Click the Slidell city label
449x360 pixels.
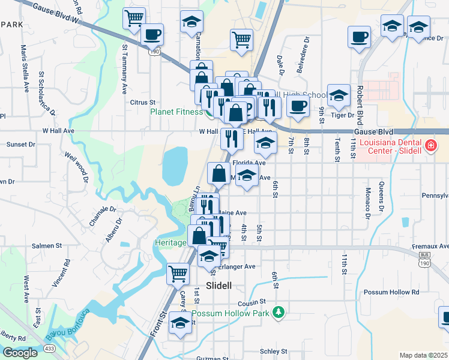218,286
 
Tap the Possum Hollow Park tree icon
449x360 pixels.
277,312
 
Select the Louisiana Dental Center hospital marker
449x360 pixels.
430,146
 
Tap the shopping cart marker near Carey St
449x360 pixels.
178,274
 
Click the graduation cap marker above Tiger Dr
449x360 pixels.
339,95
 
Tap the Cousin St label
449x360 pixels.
251,302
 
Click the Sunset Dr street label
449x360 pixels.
20,145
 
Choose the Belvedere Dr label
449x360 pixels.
303,55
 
